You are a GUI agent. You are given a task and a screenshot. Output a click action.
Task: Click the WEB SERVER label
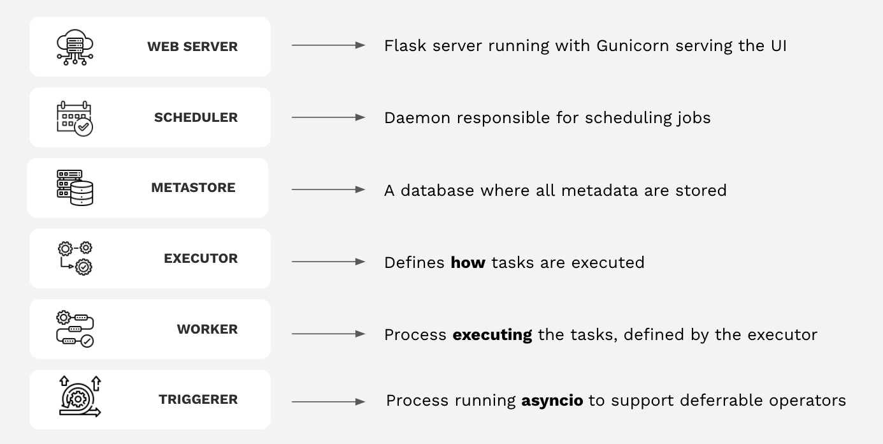192,47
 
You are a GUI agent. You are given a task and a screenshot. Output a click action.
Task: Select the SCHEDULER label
196,117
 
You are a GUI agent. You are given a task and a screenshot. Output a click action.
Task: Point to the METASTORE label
193,188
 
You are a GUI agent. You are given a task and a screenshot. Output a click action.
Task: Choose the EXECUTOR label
201,258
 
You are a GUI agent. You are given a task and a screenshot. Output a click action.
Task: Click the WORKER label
207,329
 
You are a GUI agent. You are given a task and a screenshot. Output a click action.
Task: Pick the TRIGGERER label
198,399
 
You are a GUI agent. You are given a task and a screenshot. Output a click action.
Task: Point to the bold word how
468,262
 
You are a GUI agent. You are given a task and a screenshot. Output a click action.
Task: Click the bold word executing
492,335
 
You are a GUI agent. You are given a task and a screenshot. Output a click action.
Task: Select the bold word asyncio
552,401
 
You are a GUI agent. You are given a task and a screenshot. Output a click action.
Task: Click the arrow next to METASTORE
329,189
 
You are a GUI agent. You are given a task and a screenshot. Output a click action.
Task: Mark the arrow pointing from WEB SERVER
329,45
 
